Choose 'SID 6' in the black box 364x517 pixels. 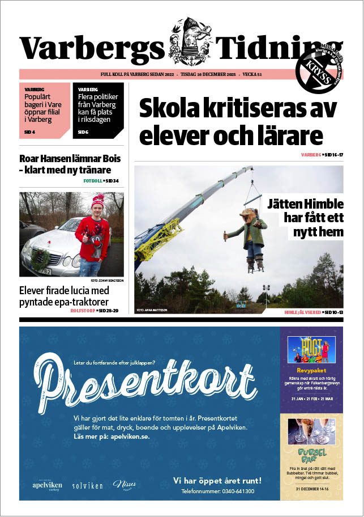(x=83, y=133)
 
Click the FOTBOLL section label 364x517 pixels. (x=96, y=181)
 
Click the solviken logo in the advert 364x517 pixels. (x=88, y=486)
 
